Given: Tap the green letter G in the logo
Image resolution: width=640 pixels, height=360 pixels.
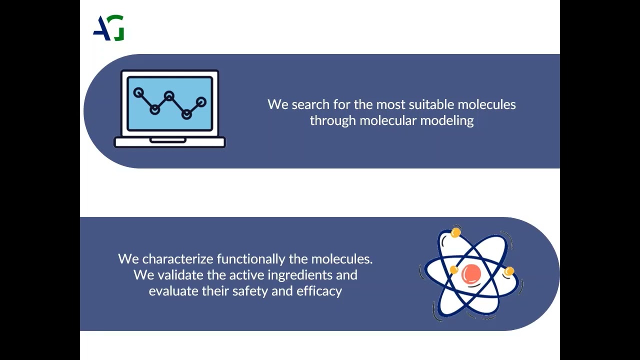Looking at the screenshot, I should [118, 28].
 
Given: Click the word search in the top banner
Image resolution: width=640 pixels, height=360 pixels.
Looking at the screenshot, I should [307, 104].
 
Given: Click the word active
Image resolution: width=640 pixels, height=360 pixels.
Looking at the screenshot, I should [247, 275].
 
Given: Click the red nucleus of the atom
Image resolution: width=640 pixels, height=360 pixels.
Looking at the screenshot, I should [471, 273].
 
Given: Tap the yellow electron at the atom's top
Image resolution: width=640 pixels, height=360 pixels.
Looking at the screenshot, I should [455, 232].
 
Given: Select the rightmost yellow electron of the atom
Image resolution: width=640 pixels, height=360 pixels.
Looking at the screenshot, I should [509, 271].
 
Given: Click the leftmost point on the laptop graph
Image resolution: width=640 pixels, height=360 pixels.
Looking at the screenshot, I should [138, 92].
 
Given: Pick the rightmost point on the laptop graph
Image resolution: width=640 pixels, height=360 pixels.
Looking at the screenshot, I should [201, 102].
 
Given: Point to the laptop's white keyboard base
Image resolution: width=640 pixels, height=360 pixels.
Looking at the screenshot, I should [170, 142].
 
